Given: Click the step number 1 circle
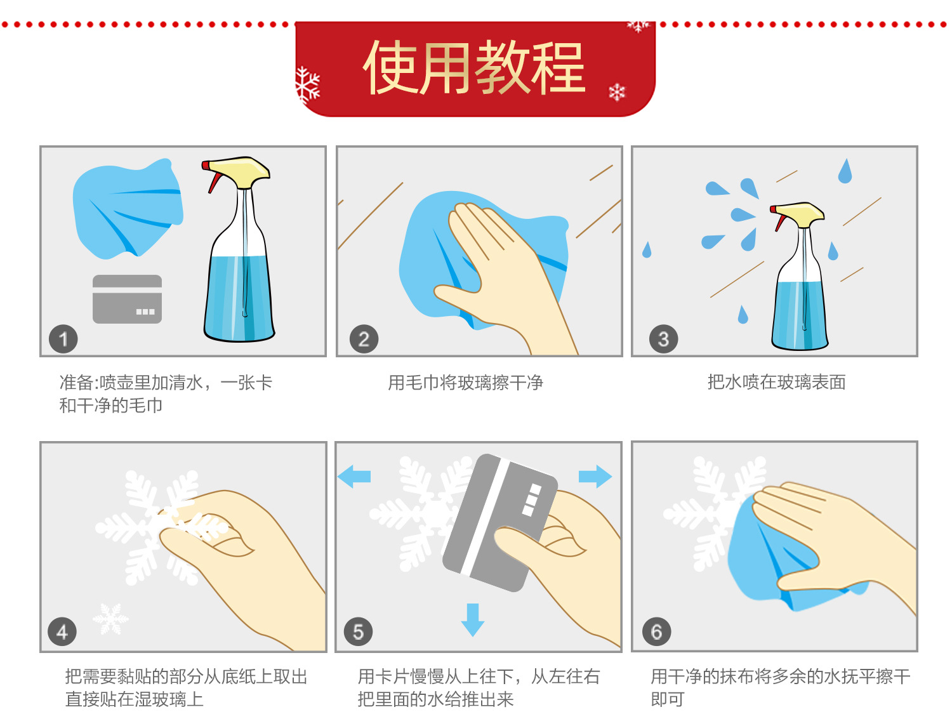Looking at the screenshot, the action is [63, 339].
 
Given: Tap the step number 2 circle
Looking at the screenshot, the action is [364, 339].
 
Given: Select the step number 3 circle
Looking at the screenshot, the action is [663, 339].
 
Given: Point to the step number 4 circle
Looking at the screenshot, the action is [62, 631].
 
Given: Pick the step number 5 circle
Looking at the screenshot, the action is [358, 631].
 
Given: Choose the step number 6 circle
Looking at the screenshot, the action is [656, 631].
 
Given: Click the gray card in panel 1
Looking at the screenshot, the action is [127, 299].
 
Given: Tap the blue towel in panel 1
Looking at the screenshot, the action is [128, 209].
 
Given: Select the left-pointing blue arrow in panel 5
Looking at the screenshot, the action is [354, 476].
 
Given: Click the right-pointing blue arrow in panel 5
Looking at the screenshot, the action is [595, 476].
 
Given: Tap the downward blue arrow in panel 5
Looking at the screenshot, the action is [472, 620].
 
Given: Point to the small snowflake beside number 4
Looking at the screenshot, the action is [110, 619].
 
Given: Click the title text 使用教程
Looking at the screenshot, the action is [474, 67].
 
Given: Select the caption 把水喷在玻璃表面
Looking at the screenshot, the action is [776, 382].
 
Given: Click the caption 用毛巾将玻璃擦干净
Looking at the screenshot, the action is [465, 383].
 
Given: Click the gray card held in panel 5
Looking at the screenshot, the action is [499, 522].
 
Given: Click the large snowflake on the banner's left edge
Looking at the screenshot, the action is [307, 85].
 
